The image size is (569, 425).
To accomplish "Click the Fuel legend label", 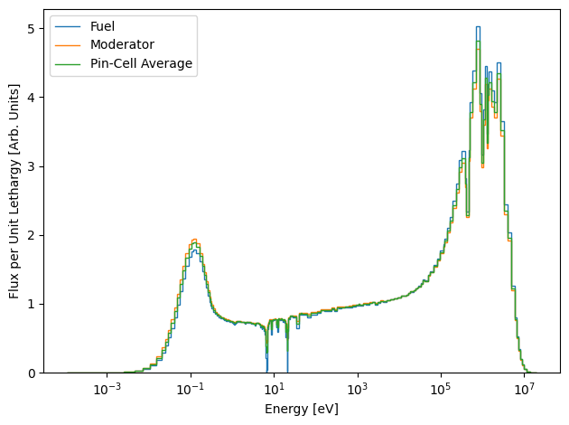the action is [102, 26].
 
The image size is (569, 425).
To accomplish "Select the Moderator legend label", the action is [122, 44].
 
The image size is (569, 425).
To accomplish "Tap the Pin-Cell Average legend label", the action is [141, 63].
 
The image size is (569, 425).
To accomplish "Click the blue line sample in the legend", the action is [68, 26].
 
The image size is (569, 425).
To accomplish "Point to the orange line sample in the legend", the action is [68, 45].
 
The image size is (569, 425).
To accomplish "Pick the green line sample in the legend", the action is [68, 64].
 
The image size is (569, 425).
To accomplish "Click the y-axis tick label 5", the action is [32, 29].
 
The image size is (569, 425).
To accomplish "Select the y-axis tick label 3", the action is [32, 166].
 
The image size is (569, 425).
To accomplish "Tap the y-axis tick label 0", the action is [32, 373].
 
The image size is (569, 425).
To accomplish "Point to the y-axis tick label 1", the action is [32, 305].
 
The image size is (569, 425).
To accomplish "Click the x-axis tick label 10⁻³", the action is [107, 389].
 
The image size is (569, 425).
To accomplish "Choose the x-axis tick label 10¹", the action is [275, 389].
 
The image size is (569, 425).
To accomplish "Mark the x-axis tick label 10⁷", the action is [525, 389].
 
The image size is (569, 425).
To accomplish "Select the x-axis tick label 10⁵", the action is [441, 389].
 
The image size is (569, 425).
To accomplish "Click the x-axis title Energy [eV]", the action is [302, 409].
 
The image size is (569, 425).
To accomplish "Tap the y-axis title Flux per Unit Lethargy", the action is [14, 192].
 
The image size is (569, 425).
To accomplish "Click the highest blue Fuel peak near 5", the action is [478, 27].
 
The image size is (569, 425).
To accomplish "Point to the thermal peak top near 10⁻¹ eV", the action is [194, 240].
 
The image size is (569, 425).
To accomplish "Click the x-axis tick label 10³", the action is [358, 389].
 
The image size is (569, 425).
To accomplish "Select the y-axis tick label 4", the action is [32, 98].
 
